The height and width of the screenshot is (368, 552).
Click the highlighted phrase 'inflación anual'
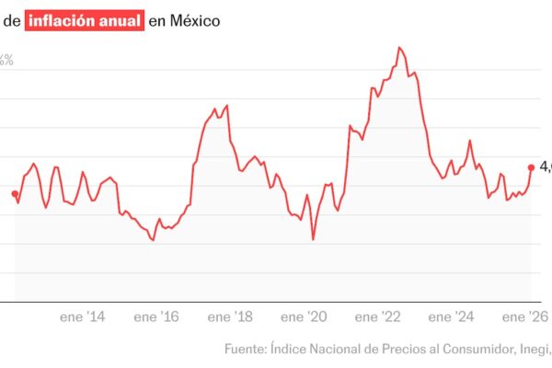point(86,19)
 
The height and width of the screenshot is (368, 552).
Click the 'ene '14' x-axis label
point(83,317)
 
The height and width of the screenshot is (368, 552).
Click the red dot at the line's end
point(531,167)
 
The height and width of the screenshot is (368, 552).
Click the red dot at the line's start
point(15,194)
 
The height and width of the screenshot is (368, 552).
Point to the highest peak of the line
point(400,47)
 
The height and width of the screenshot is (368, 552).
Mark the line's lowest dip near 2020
point(314,240)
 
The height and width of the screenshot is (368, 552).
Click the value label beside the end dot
point(545,167)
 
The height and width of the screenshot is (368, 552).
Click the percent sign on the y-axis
point(6,60)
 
